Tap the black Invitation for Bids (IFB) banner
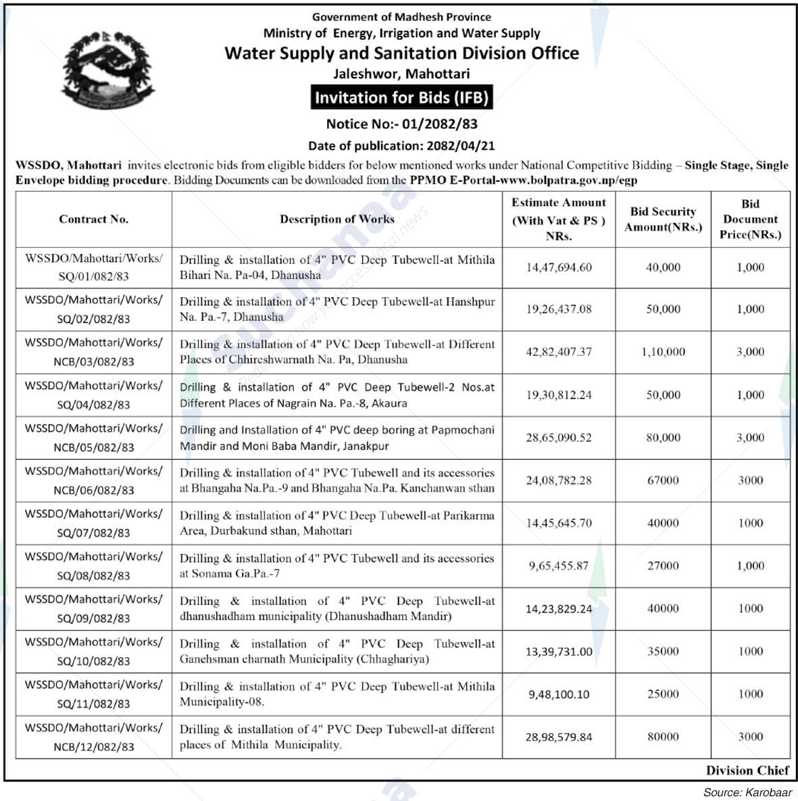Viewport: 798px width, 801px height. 401,97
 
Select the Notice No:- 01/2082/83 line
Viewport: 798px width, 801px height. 401,124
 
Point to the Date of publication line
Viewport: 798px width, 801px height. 401,145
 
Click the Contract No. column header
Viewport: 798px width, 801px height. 93,219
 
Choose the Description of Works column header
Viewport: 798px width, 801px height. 336,219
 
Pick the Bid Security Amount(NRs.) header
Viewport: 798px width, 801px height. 663,219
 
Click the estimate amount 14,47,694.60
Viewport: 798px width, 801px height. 559,267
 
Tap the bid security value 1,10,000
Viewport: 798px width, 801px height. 663,352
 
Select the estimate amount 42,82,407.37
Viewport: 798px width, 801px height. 559,352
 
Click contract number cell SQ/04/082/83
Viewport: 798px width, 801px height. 93,395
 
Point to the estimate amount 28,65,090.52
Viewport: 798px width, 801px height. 559,438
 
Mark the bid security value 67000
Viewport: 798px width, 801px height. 663,480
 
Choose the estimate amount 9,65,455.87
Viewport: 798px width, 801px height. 559,566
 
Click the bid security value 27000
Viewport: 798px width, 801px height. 663,566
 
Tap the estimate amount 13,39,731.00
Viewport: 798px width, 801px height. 559,652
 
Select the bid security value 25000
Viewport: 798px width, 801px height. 663,694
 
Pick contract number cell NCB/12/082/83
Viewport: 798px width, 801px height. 93,737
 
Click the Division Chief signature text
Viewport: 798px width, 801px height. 747,771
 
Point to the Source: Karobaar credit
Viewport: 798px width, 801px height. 747,792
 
